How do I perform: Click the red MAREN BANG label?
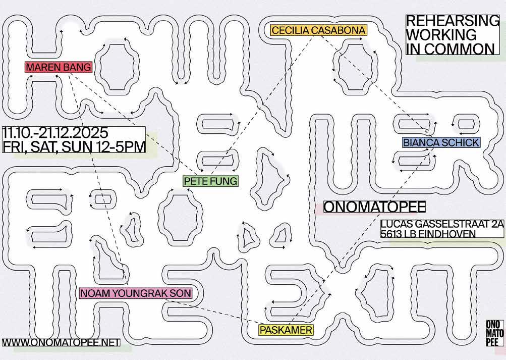[x=59, y=67]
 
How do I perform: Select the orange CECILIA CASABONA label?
[x=318, y=30]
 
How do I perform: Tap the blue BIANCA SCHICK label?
[x=441, y=143]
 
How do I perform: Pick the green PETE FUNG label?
[x=210, y=181]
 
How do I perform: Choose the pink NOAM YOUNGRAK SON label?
[x=135, y=293]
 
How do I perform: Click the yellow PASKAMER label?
[x=286, y=330]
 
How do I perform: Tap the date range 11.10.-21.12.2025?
[x=55, y=133]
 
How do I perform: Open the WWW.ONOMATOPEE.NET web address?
[x=61, y=342]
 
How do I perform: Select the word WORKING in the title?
[x=441, y=35]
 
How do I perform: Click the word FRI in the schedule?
[x=13, y=147]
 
